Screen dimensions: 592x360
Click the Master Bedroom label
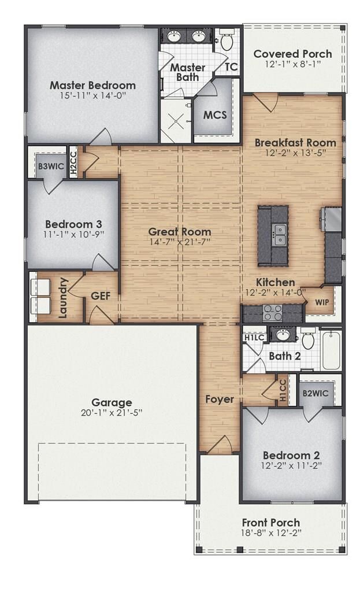pyautogui.click(x=92, y=85)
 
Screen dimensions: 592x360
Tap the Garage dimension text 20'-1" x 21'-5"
pyautogui.click(x=112, y=413)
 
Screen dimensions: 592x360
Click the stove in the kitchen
pyautogui.click(x=272, y=313)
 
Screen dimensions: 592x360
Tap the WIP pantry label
pyautogui.click(x=322, y=302)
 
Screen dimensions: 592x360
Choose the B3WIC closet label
pyautogui.click(x=50, y=166)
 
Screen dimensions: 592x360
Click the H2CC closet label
pyautogui.click(x=73, y=162)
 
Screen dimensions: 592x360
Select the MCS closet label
pyautogui.click(x=215, y=114)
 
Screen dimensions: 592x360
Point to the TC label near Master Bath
pyautogui.click(x=231, y=67)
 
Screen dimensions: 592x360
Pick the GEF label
pyautogui.click(x=101, y=296)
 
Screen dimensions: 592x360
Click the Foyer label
pyautogui.click(x=220, y=399)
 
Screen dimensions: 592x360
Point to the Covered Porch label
pyautogui.click(x=293, y=54)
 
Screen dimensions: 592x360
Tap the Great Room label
pyautogui.click(x=179, y=231)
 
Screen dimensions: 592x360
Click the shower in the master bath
pyautogui.click(x=176, y=121)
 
